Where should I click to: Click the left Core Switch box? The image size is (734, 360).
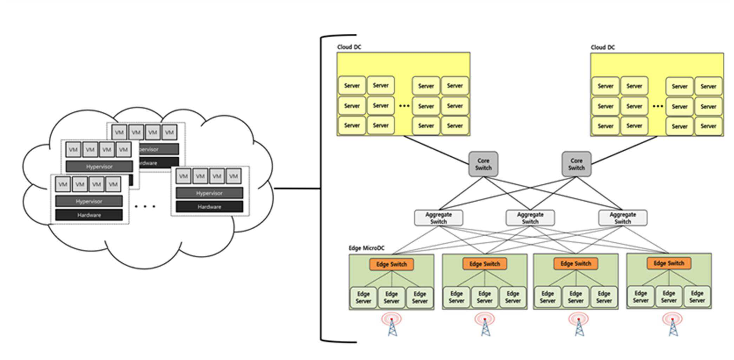click(x=483, y=164)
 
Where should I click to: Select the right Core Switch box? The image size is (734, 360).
click(x=576, y=164)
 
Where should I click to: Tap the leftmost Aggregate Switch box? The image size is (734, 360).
click(x=439, y=218)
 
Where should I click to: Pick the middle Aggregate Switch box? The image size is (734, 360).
click(x=530, y=218)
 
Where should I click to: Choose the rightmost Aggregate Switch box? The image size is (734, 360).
click(x=623, y=218)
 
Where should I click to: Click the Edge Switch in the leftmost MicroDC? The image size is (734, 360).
click(x=392, y=264)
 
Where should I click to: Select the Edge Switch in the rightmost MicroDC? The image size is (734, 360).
click(x=669, y=263)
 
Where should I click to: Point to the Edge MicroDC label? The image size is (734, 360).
click(x=366, y=248)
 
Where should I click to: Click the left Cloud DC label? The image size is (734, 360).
click(x=349, y=47)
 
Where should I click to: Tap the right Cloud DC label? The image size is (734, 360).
click(x=603, y=47)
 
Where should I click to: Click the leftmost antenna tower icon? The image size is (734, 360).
click(x=392, y=324)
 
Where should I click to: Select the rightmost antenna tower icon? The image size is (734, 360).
click(x=673, y=324)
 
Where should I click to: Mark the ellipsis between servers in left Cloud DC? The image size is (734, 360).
click(x=405, y=105)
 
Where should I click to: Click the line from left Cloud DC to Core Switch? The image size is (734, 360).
click(x=436, y=150)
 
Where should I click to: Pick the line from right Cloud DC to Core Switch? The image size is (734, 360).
click(x=624, y=150)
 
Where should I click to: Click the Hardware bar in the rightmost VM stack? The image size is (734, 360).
click(x=209, y=207)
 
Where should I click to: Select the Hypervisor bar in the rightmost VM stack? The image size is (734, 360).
click(x=209, y=193)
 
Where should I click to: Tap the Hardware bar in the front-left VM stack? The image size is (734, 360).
click(x=89, y=215)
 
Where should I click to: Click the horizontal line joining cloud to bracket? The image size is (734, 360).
click(x=297, y=189)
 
